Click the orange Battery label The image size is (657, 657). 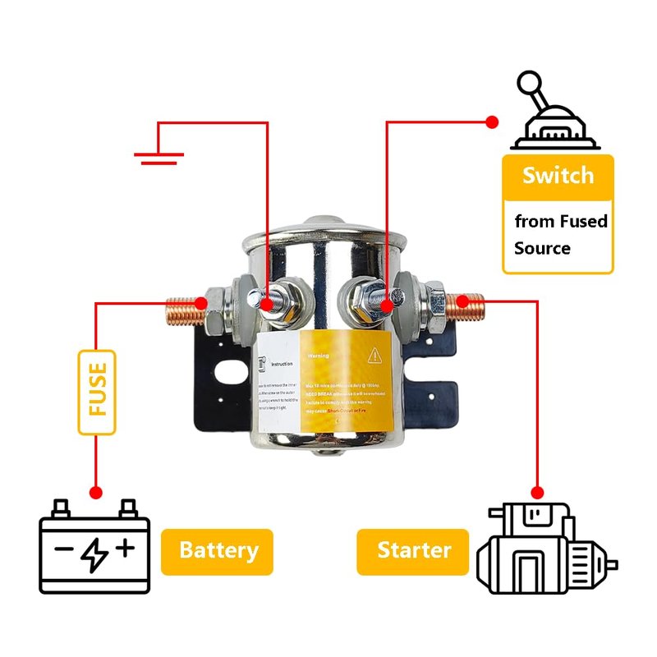(x=217, y=551)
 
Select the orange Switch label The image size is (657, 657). (x=558, y=176)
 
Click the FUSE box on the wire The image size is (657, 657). (x=97, y=393)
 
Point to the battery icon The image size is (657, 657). (x=95, y=545)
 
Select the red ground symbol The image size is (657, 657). (x=159, y=155)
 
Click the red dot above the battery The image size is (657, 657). (x=96, y=493)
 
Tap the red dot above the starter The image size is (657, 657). (x=537, y=493)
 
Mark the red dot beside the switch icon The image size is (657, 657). (x=493, y=122)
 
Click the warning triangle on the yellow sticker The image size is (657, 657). (x=374, y=355)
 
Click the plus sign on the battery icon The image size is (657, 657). (x=125, y=548)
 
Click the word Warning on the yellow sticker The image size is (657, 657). (x=318, y=357)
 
